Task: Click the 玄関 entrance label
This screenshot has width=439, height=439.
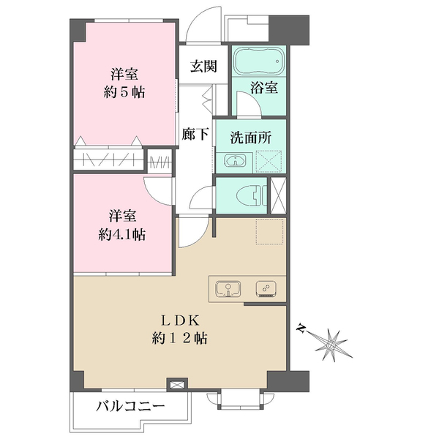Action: click(x=204, y=67)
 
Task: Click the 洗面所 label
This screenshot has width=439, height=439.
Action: click(x=247, y=137)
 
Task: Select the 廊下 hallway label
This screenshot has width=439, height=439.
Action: click(x=194, y=135)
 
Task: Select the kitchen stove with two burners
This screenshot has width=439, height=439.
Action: click(x=268, y=288)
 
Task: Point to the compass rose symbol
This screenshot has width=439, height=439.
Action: click(x=333, y=342)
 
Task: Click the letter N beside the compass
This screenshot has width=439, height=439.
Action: click(x=301, y=329)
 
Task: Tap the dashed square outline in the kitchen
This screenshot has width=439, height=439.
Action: click(x=269, y=232)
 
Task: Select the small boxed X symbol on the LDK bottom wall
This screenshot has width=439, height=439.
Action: click(x=176, y=383)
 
